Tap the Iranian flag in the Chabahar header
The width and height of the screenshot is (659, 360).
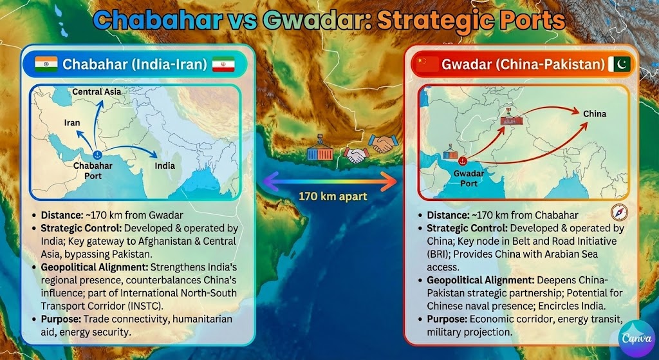[223, 64]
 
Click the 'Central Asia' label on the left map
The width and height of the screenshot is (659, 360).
[96, 92]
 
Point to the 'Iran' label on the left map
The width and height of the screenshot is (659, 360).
[71, 122]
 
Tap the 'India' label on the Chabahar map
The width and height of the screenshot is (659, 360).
[164, 166]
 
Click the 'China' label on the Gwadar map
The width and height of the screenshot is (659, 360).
[594, 114]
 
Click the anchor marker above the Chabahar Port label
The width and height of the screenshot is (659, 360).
[97, 155]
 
